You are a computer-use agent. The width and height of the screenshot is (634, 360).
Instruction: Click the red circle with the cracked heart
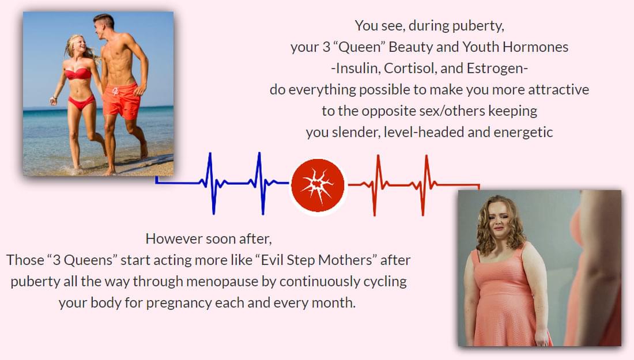318,185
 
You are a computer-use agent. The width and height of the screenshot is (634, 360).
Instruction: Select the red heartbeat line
414,185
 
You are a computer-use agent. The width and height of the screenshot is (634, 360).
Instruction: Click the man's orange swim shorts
121,101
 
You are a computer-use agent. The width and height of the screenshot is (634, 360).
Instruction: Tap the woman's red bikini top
78,74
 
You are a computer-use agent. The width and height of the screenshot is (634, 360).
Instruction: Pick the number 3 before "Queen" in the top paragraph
326,47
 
